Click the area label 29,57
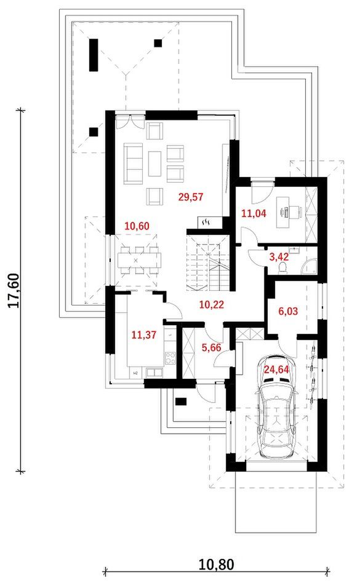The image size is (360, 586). [191, 197]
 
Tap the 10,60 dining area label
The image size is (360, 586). [137, 226]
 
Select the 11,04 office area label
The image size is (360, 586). [254, 214]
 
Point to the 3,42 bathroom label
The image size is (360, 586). [279, 257]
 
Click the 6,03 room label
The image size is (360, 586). [288, 311]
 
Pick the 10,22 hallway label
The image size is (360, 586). [212, 304]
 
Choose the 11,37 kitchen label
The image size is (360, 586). [144, 335]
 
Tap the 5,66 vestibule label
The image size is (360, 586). [211, 347]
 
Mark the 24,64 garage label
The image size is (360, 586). [277, 370]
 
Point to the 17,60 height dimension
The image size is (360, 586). [14, 291]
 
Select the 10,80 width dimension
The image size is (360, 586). [216, 564]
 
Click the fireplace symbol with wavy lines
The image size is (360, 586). [206, 223]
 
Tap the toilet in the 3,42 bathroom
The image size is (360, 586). [283, 267]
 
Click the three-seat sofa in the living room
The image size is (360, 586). [134, 164]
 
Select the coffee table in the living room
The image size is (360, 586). [154, 164]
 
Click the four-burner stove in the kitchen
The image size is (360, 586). [170, 358]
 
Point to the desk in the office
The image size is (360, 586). [283, 212]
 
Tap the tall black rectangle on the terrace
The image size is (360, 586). [94, 55]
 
